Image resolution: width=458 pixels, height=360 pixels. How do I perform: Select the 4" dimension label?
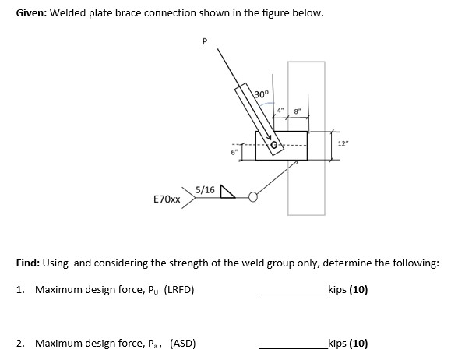[280, 110]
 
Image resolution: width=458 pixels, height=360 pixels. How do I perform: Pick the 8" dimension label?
[297, 110]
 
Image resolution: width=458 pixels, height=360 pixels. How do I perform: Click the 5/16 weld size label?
[206, 189]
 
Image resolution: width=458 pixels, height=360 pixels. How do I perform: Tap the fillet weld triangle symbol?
[227, 190]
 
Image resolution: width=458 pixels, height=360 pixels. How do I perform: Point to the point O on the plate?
[274, 143]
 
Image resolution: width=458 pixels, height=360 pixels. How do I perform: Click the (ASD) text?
[180, 343]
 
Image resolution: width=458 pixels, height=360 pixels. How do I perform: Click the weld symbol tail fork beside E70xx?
[187, 195]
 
